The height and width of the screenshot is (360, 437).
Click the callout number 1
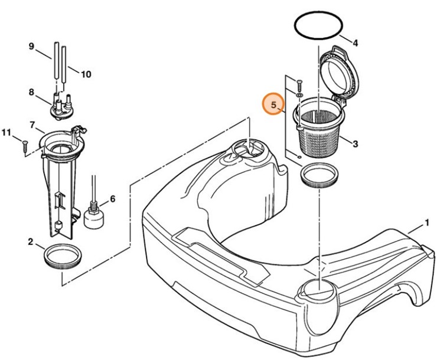426,224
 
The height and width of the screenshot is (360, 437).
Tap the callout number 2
30,241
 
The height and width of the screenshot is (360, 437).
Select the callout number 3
355,143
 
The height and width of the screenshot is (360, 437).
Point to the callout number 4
355,42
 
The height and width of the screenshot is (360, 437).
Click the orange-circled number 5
273,106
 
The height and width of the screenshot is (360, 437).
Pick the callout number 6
112,199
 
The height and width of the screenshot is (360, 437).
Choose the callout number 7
32,125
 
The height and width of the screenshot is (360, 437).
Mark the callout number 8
32,92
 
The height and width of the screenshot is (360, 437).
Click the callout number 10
86,74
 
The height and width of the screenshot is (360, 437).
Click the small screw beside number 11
25,143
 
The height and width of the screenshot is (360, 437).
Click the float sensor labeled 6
93,216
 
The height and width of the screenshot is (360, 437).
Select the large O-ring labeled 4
318,27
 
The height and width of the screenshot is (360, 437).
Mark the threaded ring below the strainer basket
319,176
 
